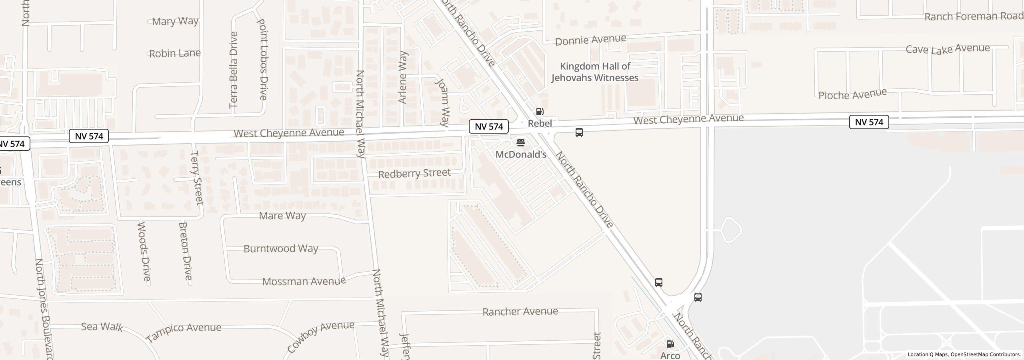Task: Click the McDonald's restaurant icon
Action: (521, 143)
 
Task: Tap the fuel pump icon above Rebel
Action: (540, 112)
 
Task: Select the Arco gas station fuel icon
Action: (670, 344)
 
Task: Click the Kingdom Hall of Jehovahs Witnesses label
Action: (595, 72)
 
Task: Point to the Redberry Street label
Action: (414, 174)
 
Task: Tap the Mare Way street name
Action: (282, 216)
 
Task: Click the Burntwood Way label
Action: (281, 249)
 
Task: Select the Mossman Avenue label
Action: (304, 282)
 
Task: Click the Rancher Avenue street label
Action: (520, 312)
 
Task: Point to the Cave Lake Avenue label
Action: (948, 49)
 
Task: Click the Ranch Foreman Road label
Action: (974, 16)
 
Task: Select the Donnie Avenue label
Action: (590, 40)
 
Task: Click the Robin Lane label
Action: (175, 53)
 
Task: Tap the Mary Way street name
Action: (175, 21)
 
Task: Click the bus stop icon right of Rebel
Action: (579, 132)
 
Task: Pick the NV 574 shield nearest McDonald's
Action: (489, 127)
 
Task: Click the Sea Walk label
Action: (102, 327)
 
